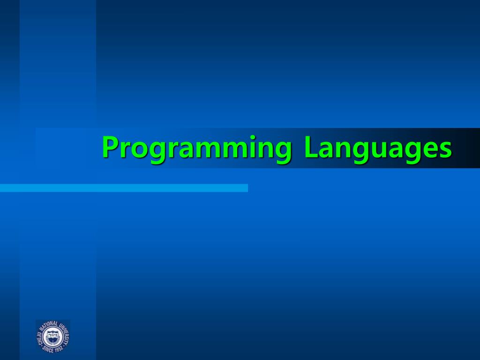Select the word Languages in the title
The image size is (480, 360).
[x=378, y=148]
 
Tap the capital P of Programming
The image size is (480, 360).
[x=110, y=147]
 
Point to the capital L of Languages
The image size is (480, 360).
[x=310, y=147]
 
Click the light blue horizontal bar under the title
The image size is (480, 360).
[x=124, y=188]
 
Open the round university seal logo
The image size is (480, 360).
[x=53, y=336]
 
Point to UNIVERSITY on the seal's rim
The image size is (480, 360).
[x=65, y=332]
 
